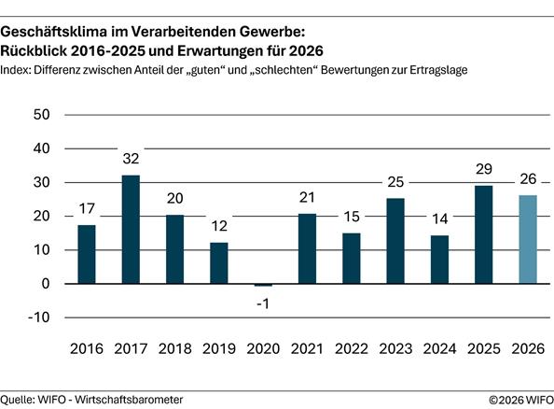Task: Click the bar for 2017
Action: click(132, 230)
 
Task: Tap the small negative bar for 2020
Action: click(265, 285)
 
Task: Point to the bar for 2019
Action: click(220, 263)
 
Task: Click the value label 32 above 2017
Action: click(132, 160)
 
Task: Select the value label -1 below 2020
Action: click(265, 303)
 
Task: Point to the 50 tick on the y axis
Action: click(41, 115)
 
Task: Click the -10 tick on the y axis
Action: click(38, 317)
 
